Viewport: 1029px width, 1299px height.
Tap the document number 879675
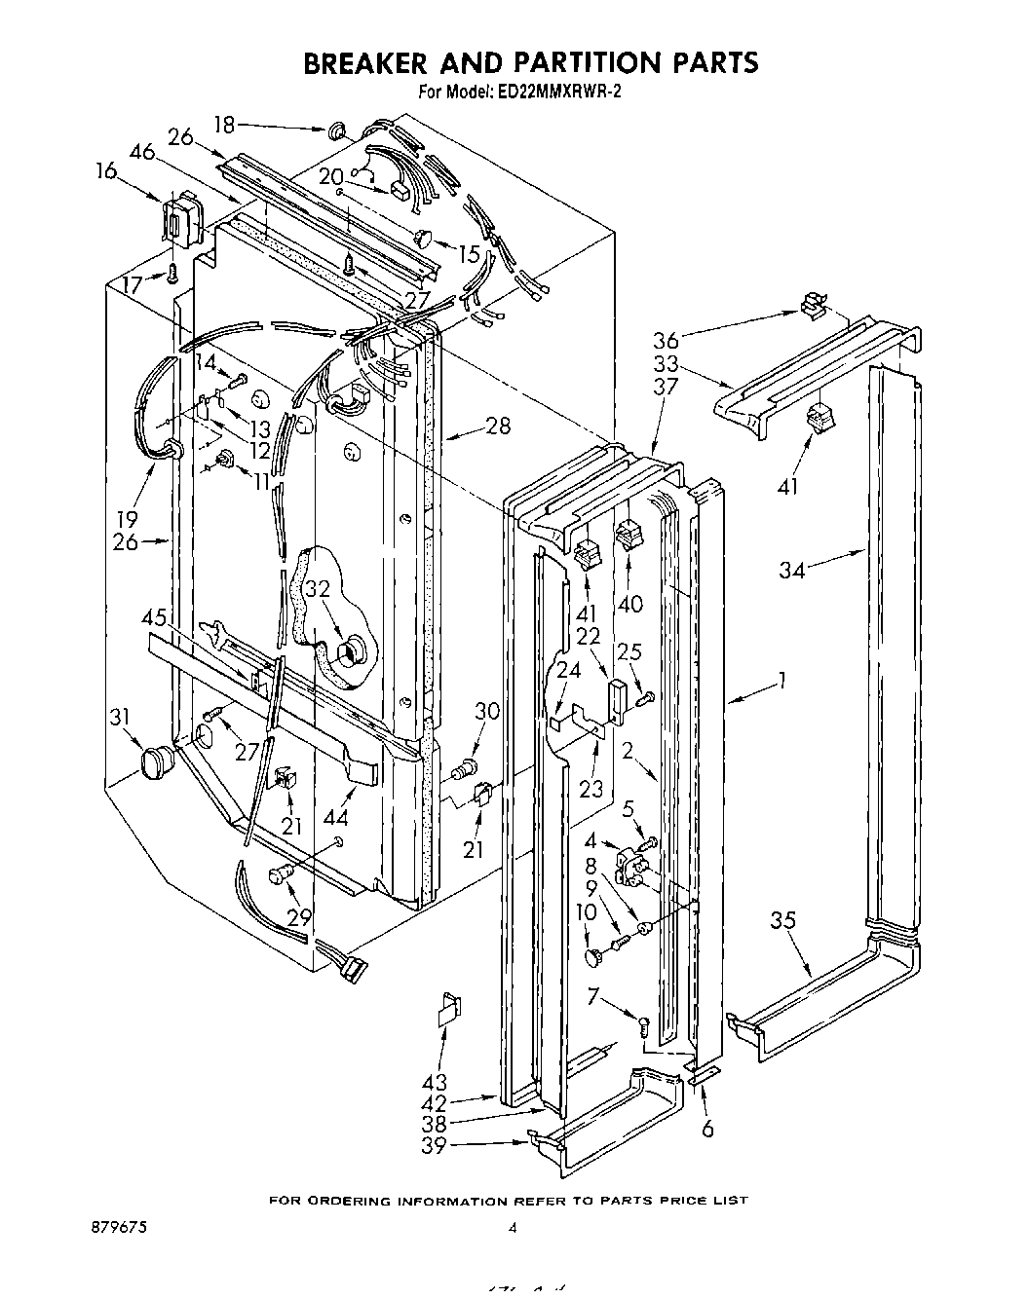[116, 1228]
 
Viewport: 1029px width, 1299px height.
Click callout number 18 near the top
[224, 125]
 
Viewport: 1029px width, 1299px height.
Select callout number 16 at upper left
[106, 172]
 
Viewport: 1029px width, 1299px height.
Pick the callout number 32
[318, 589]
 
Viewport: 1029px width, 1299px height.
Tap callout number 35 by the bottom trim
[782, 920]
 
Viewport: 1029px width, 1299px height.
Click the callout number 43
[436, 1082]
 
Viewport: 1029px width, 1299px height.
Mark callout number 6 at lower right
[707, 1129]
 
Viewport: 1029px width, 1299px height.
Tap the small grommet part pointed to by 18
[338, 130]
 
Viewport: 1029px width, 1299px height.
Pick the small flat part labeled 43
[448, 1009]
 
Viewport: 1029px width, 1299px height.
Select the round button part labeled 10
[592, 958]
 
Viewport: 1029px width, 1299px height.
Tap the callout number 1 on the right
[781, 681]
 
